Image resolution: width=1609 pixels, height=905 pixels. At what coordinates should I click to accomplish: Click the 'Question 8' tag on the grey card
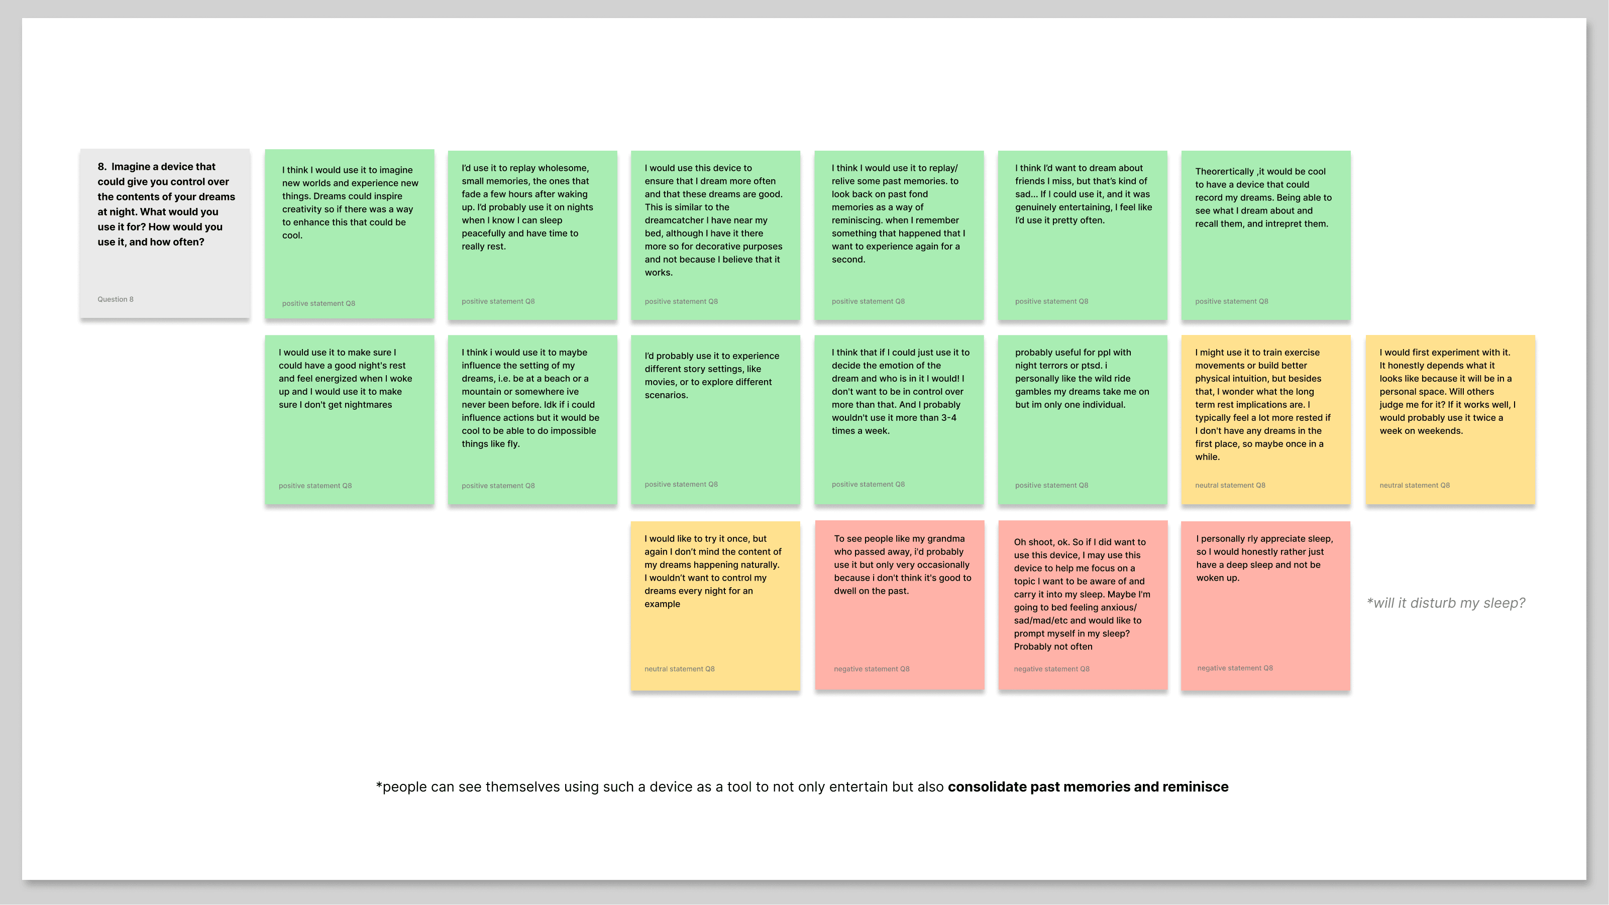115,299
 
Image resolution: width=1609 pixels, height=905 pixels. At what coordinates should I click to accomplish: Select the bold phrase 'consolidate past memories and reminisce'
1088,787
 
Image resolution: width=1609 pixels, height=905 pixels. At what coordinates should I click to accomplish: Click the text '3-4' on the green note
948,418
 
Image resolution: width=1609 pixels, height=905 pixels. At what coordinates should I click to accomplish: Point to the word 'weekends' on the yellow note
1441,431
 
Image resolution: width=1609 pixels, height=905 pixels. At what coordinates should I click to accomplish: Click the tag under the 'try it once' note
679,669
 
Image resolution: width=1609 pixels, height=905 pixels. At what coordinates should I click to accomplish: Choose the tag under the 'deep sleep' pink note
1234,668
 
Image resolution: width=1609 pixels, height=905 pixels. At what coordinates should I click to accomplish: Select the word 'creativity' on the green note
302,209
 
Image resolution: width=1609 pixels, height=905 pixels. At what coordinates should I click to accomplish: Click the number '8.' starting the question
102,167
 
